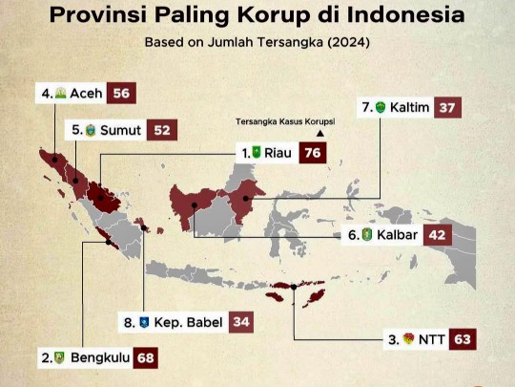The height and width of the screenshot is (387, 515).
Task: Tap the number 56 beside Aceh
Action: [121, 94]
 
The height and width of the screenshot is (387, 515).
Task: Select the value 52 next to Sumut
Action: [164, 130]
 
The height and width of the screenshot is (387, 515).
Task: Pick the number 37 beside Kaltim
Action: [447, 107]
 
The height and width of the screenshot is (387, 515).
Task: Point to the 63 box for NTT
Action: [463, 338]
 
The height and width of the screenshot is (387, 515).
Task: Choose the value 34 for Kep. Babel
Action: [241, 322]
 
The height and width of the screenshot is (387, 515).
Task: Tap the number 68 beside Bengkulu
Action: [145, 358]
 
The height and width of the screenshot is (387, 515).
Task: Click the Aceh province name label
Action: [86, 94]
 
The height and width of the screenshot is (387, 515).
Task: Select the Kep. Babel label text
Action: [188, 322]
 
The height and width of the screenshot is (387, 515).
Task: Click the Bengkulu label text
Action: [99, 358]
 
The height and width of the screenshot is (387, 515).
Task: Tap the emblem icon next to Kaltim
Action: [381, 107]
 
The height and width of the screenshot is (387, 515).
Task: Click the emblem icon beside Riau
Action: [256, 152]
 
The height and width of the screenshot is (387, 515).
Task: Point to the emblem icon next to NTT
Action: [408, 338]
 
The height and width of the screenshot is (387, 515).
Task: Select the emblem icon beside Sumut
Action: [91, 130]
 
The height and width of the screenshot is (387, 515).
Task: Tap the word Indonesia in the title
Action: [406, 15]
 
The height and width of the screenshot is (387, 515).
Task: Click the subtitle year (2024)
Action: [346, 43]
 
